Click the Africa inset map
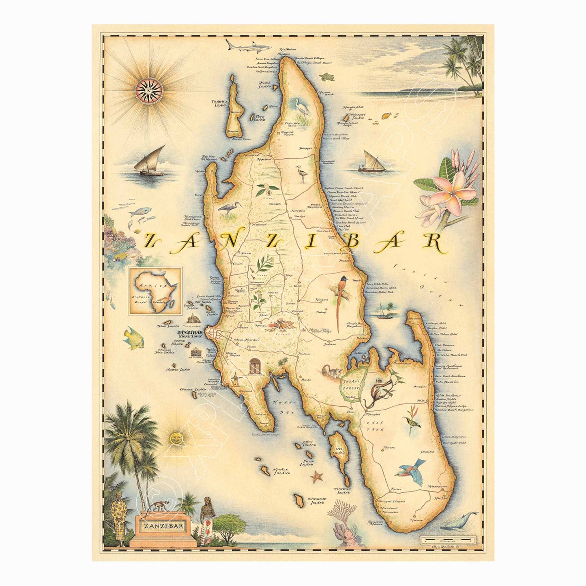155,291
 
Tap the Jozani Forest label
349,385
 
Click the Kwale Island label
282,472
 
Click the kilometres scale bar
446,540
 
